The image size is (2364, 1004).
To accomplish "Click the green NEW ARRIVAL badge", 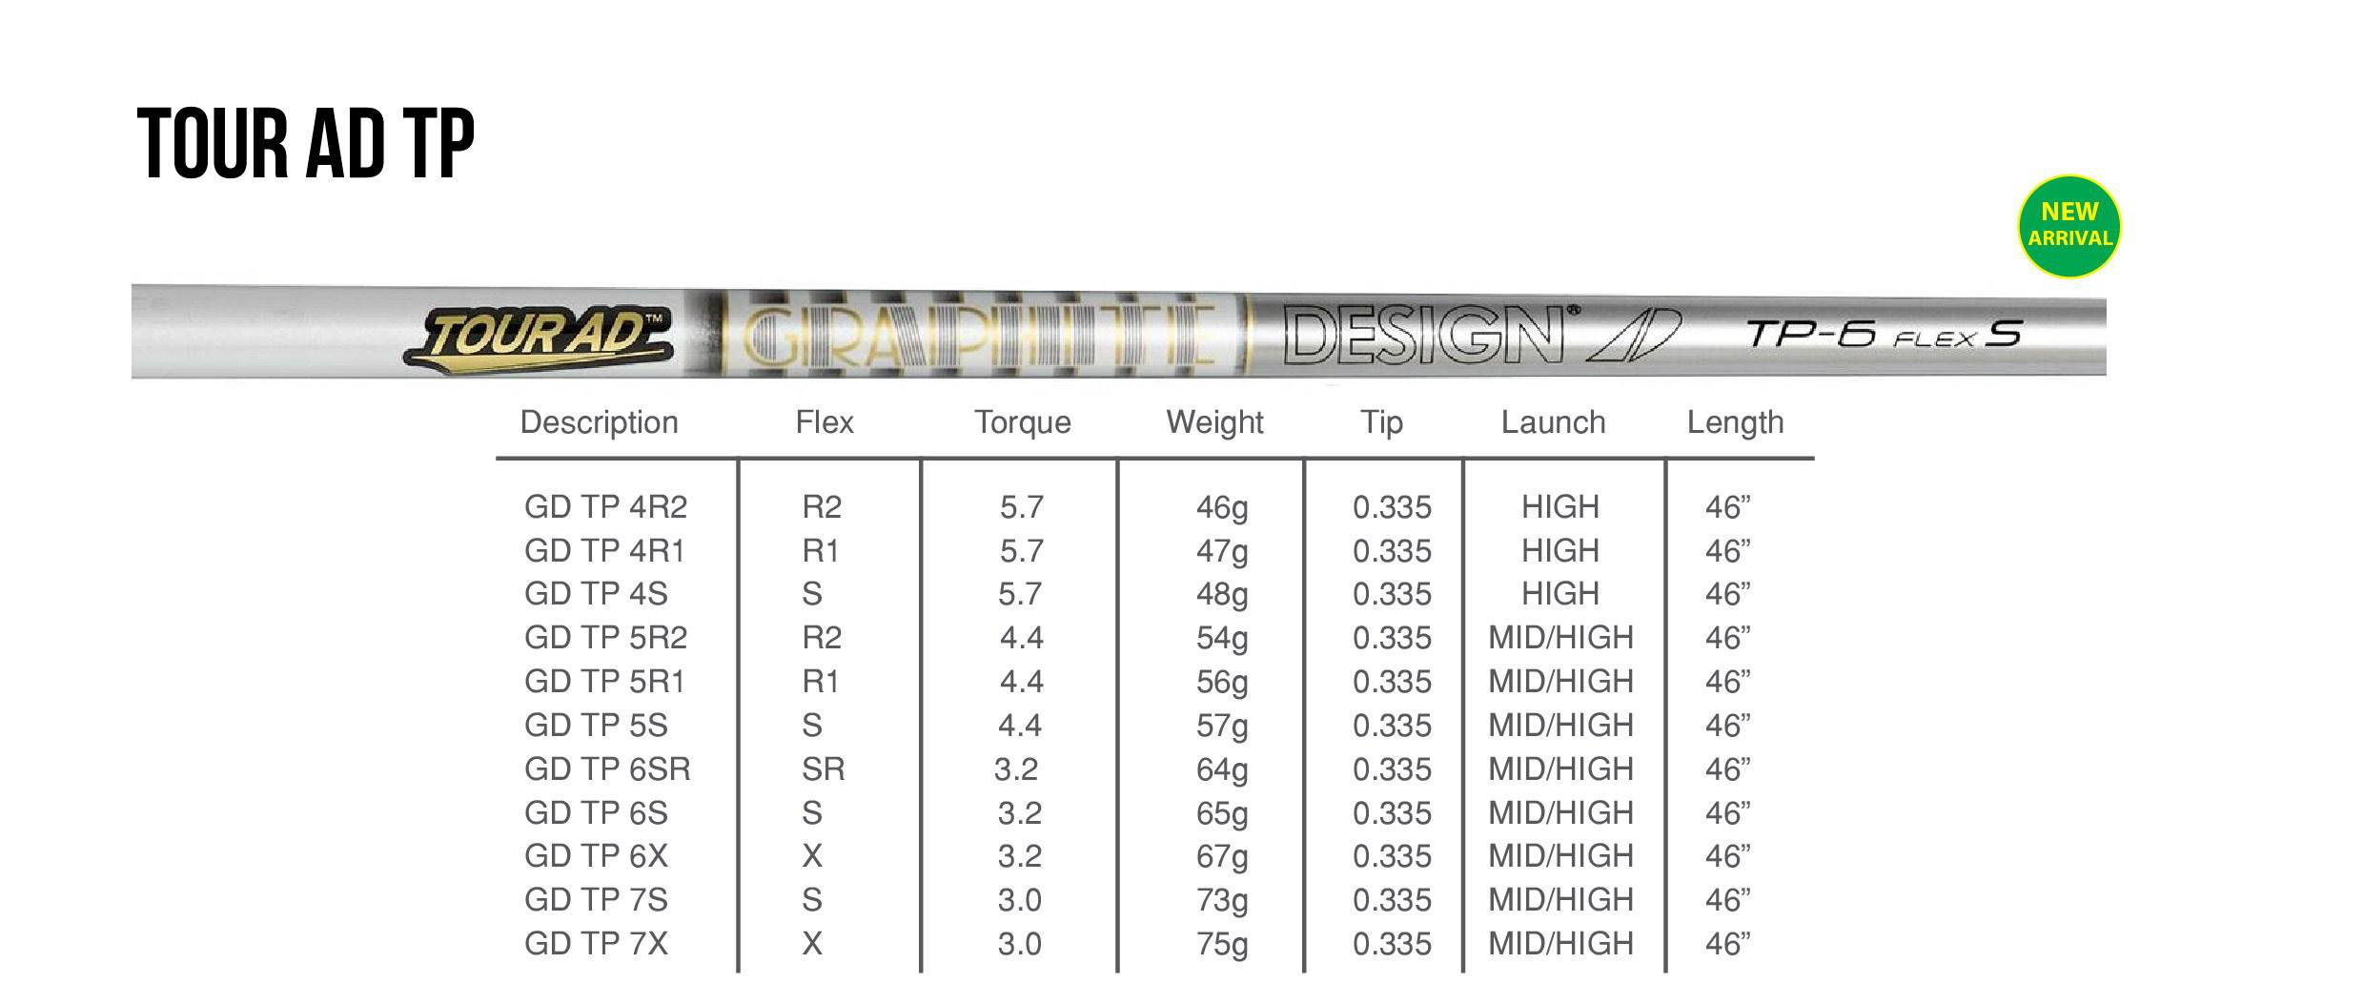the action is pyautogui.click(x=2068, y=226).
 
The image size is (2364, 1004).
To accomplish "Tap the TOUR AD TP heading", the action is pyautogui.click(x=306, y=144).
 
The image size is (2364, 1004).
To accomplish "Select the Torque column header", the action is pyautogui.click(x=1022, y=422).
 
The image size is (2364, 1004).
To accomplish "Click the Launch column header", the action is pyautogui.click(x=1553, y=422).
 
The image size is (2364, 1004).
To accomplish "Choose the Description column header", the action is pyautogui.click(x=599, y=422).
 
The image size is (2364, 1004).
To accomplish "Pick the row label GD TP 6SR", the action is pyautogui.click(x=607, y=768).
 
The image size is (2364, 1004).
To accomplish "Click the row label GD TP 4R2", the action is pyautogui.click(x=605, y=506).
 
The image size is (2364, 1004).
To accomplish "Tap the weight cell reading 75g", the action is pyautogui.click(x=1222, y=944).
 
